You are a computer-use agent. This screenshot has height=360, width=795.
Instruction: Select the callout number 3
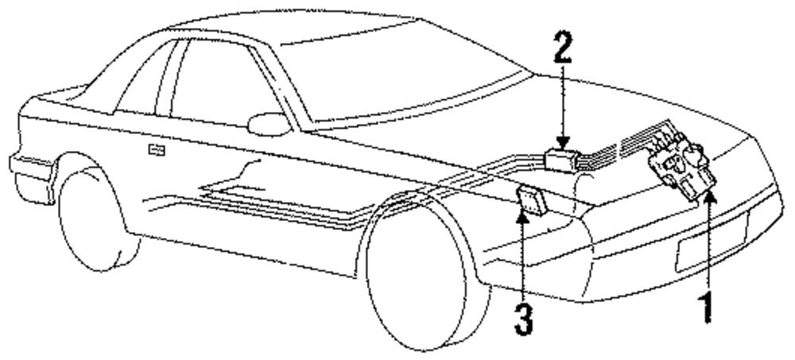click(x=522, y=315)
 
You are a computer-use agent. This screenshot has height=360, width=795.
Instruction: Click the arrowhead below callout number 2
click(x=564, y=144)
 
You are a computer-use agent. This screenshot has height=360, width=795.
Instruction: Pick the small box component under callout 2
click(x=562, y=158)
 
